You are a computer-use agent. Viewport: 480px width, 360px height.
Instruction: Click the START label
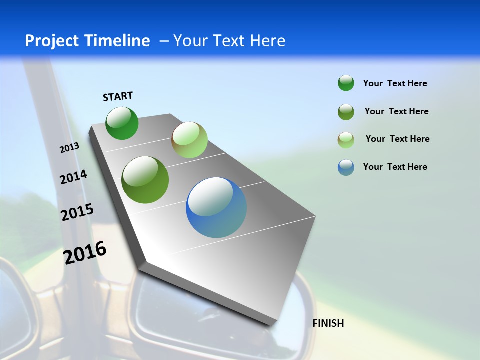pos(118,96)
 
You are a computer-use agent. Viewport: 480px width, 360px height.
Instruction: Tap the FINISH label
pos(328,323)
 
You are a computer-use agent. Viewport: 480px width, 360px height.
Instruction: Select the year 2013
pos(69,148)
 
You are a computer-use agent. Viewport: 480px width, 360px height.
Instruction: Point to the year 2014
pos(73,177)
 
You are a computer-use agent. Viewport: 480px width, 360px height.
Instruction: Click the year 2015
pos(77,212)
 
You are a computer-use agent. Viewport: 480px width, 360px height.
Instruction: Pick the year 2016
pos(85,252)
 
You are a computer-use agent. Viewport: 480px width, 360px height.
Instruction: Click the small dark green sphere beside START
pos(122,123)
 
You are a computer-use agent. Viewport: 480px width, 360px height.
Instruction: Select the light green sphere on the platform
pos(189,140)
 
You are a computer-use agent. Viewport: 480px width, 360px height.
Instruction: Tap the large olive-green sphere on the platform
pos(145,180)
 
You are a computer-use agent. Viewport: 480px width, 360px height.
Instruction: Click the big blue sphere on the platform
pos(216,207)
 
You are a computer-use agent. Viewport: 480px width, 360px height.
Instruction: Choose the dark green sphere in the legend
pos(346,83)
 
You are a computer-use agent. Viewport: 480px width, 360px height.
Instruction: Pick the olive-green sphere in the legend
pos(346,111)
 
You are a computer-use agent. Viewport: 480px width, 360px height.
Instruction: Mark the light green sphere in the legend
pos(346,139)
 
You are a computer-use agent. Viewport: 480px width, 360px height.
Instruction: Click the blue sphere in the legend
pos(346,167)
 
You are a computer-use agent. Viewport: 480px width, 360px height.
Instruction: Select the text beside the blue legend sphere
pos(395,167)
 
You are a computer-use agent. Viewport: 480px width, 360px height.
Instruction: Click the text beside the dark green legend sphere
pos(395,83)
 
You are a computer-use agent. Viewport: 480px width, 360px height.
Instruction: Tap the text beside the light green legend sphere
pos(397,139)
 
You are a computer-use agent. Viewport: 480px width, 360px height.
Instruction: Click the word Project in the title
pos(51,41)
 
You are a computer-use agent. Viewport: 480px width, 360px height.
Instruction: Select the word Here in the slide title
pos(267,41)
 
